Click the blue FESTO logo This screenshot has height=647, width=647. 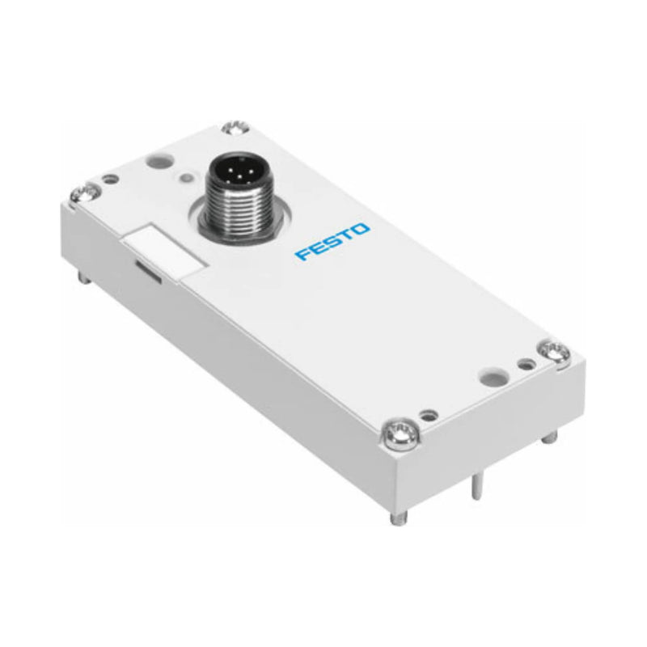coord(332,242)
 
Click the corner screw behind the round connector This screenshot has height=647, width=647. coord(234,127)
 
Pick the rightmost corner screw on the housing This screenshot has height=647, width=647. coord(555,350)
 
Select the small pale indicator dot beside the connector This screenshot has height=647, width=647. coord(188,177)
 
